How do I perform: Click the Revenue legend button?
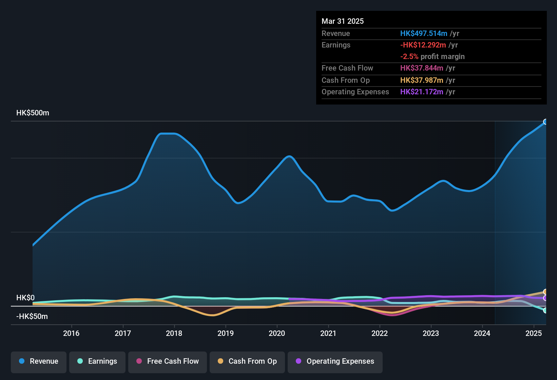39,361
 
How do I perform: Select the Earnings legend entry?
97,361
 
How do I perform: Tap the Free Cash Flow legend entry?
168,361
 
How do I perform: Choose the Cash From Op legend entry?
247,361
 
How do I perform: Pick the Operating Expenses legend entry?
335,361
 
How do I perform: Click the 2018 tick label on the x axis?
174,334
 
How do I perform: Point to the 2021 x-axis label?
328,334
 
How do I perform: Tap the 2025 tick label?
534,334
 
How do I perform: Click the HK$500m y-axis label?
33,113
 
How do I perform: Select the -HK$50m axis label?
32,317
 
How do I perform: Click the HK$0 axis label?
25,298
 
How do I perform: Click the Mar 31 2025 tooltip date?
343,21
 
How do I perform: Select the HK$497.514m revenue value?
424,34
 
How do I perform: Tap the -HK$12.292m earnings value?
423,45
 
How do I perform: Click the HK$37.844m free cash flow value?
422,68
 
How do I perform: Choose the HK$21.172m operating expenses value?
422,92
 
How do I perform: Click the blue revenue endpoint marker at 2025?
545,122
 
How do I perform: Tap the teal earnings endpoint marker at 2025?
545,310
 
